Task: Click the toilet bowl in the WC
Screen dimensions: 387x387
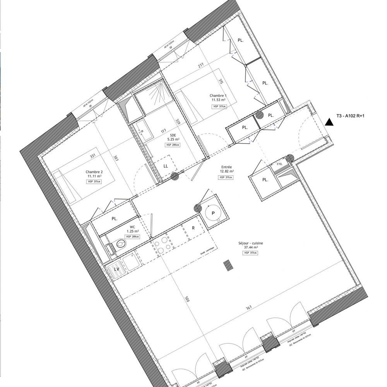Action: [120, 244]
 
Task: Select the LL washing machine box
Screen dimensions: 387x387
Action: [166, 166]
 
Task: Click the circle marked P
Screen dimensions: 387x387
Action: [213, 214]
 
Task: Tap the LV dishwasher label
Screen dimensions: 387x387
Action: [116, 268]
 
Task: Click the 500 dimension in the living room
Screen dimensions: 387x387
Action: [187, 299]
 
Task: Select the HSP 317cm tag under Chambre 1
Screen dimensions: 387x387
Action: [219, 106]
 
